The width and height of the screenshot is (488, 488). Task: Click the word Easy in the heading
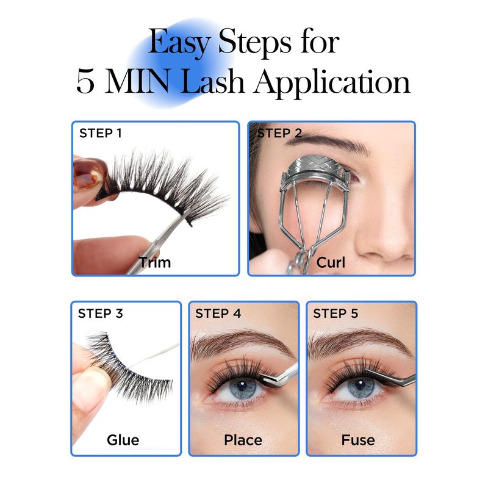(179, 43)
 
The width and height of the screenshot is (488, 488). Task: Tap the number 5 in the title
(85, 82)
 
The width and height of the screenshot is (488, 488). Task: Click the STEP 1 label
(100, 133)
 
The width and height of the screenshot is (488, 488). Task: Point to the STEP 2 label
(279, 133)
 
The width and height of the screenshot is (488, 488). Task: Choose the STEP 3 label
(100, 314)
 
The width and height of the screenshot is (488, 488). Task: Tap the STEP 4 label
(218, 314)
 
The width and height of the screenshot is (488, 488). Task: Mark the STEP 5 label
(335, 314)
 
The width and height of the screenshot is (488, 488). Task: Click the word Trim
(155, 262)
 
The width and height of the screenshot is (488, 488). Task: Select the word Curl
(331, 262)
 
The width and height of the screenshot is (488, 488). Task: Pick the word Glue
(123, 440)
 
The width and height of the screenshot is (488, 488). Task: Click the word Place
(243, 440)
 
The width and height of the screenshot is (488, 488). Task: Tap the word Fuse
(358, 440)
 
